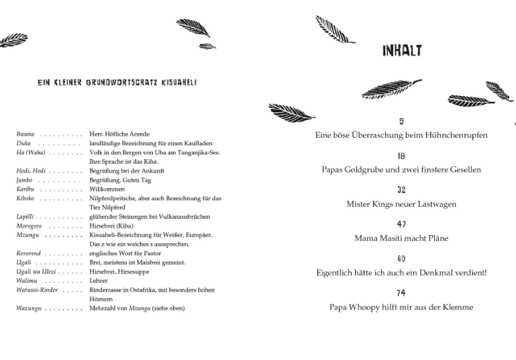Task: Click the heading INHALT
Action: click(x=402, y=51)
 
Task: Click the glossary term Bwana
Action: click(x=25, y=134)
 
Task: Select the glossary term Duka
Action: click(x=23, y=144)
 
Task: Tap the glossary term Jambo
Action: click(x=25, y=180)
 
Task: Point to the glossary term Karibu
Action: click(x=25, y=189)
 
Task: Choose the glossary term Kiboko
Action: click(x=26, y=199)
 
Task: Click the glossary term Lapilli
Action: click(x=25, y=217)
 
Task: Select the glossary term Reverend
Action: click(x=29, y=253)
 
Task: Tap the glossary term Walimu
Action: click(x=27, y=281)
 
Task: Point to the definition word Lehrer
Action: click(x=99, y=281)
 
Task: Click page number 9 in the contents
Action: click(x=401, y=122)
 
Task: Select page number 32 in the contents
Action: click(x=401, y=191)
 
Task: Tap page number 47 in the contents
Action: click(x=401, y=225)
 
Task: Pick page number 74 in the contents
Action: click(x=401, y=294)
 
